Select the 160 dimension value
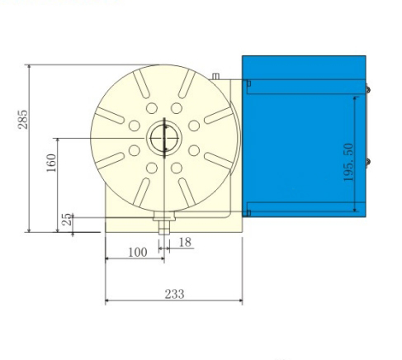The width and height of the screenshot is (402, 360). [51, 162]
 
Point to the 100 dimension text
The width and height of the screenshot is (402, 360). [137, 252]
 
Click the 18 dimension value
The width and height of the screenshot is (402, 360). [185, 242]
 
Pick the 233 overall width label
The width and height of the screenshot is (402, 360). [173, 293]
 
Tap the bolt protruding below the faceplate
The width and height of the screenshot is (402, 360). [163, 223]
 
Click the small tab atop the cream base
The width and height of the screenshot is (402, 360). [216, 77]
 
